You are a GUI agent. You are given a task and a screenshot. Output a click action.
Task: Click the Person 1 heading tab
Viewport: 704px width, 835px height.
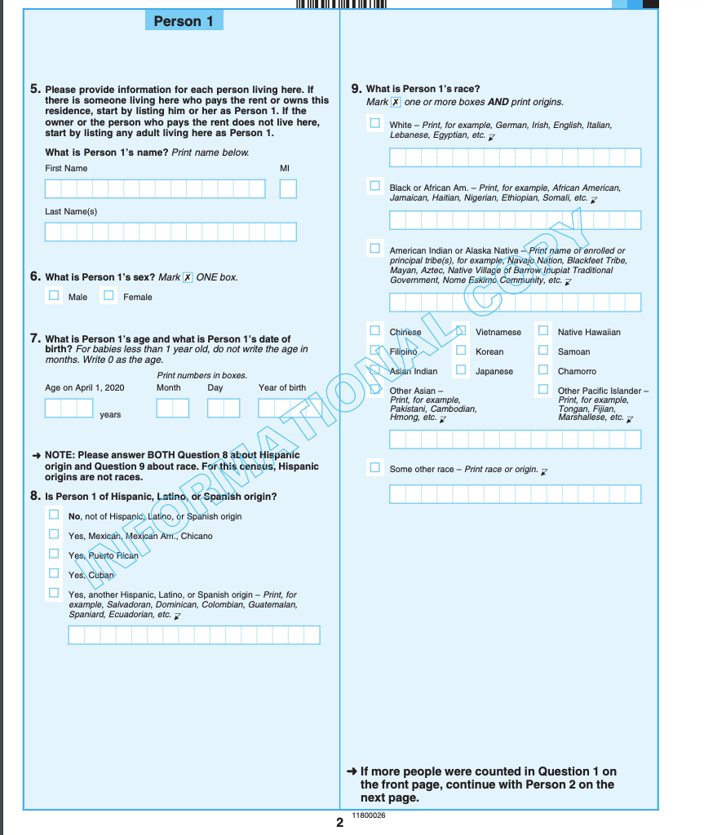(184, 21)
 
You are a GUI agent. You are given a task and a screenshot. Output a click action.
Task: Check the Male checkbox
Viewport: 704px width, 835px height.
(54, 296)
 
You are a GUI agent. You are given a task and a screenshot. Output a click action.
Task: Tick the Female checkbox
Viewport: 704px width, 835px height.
(108, 296)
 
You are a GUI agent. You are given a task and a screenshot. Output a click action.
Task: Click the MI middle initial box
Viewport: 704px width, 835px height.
(288, 189)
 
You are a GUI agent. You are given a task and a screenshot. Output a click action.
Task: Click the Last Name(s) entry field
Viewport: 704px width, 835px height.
(170, 232)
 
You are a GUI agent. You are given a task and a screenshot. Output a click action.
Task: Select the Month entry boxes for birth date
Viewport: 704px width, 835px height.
(173, 408)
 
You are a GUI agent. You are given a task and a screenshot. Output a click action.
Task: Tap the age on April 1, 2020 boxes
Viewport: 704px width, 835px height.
(69, 408)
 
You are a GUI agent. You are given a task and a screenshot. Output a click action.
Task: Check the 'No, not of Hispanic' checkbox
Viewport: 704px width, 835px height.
(54, 515)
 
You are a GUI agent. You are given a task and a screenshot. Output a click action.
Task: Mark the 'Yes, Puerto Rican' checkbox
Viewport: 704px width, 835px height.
(54, 554)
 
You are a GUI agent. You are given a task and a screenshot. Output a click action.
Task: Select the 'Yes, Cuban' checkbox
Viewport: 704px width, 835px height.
(54, 574)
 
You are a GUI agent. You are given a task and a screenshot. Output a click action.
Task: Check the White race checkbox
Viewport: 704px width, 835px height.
(374, 123)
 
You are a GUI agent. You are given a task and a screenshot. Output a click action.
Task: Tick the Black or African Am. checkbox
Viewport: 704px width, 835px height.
(374, 186)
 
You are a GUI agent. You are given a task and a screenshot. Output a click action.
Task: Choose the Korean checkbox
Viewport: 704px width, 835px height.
(461, 351)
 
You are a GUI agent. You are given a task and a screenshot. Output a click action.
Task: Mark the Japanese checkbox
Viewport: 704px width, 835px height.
(461, 370)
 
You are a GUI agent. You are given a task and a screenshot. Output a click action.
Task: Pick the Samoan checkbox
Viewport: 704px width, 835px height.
(543, 351)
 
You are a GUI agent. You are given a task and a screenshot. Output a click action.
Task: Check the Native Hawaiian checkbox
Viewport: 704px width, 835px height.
(543, 331)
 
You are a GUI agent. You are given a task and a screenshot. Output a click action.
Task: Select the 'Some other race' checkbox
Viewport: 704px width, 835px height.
(374, 468)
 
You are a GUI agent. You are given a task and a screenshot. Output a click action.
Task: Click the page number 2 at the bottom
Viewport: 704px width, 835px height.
(339, 823)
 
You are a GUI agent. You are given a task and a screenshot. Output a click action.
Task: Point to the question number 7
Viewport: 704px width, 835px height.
(35, 338)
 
